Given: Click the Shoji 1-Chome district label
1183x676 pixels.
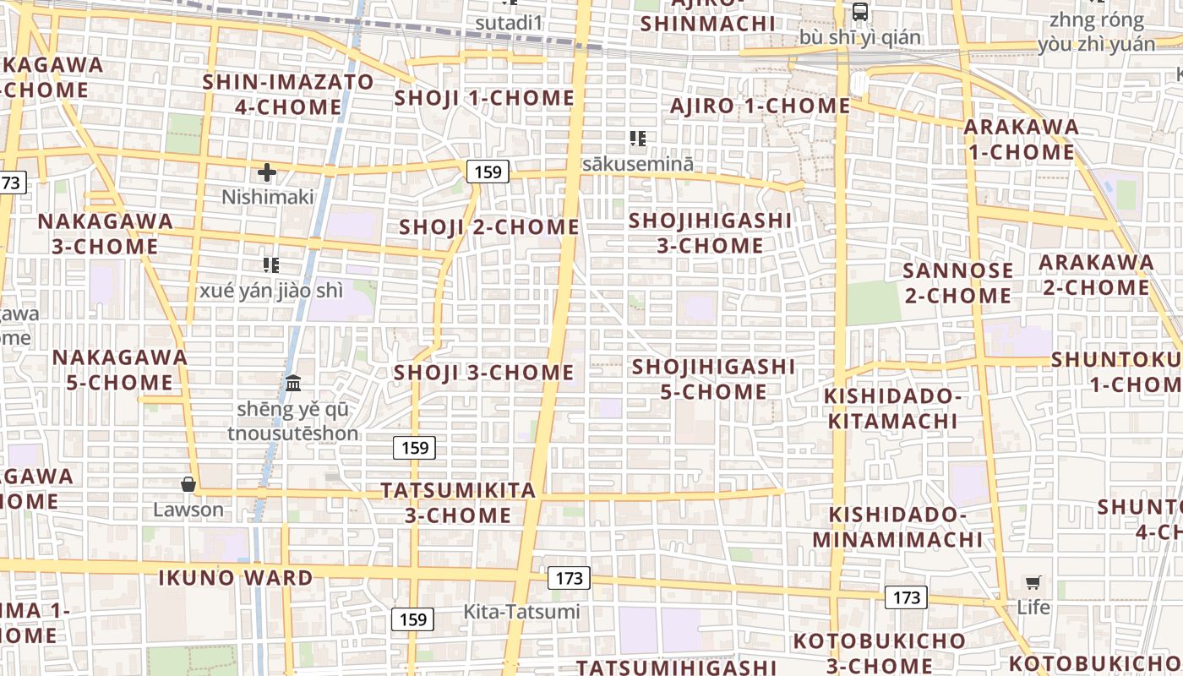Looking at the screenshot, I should tap(484, 98).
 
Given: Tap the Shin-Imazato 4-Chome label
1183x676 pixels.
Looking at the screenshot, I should tap(288, 95).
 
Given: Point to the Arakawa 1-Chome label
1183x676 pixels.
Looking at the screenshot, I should tap(1021, 139).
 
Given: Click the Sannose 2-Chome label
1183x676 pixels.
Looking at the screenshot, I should tap(957, 283).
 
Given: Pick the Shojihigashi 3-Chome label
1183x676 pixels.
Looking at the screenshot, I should tap(711, 233).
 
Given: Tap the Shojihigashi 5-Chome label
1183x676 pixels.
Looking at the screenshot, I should tap(714, 379).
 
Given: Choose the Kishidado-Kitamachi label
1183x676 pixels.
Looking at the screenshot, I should tap(892, 409).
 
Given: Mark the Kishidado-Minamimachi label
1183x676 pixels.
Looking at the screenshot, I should tap(898, 527).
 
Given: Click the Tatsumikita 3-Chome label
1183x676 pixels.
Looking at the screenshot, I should tap(459, 503).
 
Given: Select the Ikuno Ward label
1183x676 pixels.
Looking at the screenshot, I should tap(236, 579).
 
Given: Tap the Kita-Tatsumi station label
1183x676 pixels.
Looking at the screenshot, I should tap(521, 612).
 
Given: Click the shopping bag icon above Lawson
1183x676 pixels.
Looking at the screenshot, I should tap(188, 484).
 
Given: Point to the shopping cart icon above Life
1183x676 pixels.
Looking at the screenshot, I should tap(1033, 582).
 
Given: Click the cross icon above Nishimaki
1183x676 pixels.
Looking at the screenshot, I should tap(267, 173).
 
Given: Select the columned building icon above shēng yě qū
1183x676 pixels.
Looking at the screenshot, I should tap(293, 384).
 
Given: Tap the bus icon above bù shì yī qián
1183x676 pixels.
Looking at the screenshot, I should tap(859, 12).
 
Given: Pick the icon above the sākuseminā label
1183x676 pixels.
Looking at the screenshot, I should tap(638, 139).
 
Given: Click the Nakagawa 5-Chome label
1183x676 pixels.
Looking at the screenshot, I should tap(120, 369).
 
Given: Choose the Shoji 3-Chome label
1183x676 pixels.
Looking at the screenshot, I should tap(484, 373).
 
